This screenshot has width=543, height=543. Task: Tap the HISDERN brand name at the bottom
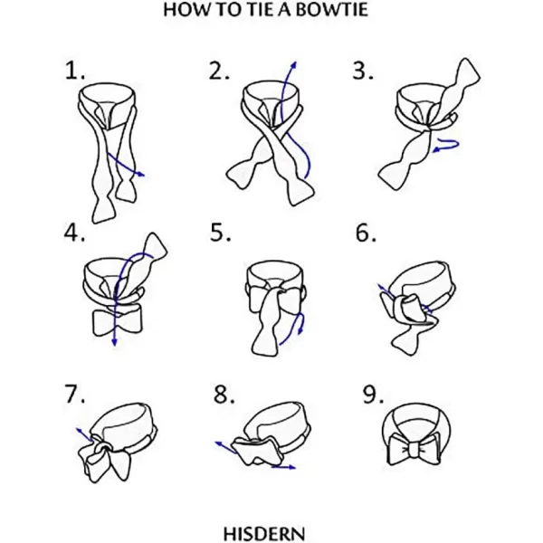coord(264,534)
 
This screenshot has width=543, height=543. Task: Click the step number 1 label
coord(74,71)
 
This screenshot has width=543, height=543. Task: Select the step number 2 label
coord(218,71)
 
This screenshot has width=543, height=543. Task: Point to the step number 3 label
coord(363,71)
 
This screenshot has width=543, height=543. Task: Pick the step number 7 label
coord(75,394)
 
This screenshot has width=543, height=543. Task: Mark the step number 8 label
coord(224,394)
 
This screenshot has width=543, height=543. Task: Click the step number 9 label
coord(373,394)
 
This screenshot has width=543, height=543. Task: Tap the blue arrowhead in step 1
coord(141,174)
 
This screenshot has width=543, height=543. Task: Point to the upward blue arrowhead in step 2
coord(294,64)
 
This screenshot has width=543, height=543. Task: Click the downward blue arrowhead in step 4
coord(114,342)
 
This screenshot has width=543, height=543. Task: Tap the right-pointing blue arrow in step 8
coord(283,468)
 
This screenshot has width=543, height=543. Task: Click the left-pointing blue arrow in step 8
coord(225,447)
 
